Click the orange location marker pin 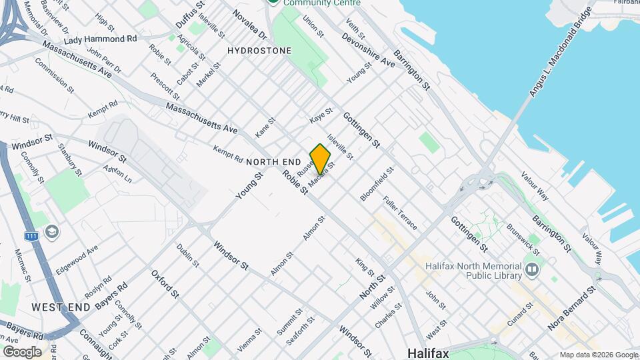tap(320, 159)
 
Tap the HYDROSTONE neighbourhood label tap(259, 51)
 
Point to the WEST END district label tap(61, 307)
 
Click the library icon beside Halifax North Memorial tap(531, 270)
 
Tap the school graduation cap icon tap(51, 232)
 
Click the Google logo tap(22, 351)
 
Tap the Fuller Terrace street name tap(400, 213)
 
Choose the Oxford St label tap(165, 284)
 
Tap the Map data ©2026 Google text tap(598, 355)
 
